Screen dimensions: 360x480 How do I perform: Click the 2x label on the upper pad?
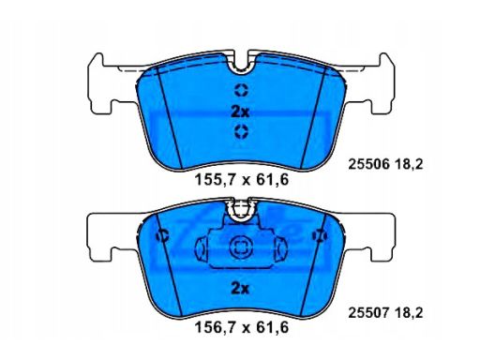point(241,111)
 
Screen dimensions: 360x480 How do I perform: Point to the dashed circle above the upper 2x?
point(241,91)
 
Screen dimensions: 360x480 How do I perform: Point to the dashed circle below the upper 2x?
point(241,130)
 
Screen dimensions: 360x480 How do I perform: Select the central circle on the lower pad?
point(241,248)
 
